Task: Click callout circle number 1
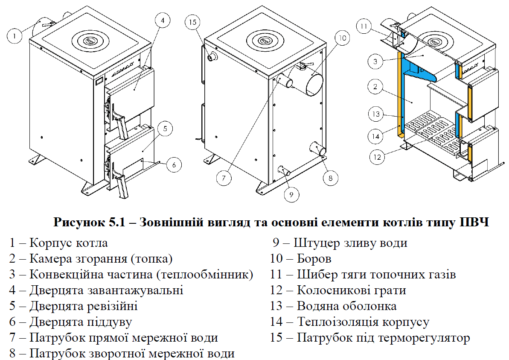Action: coord(15,36)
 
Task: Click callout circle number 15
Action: coord(192,22)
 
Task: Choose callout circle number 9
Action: coord(291,195)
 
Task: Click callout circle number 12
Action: coord(377,157)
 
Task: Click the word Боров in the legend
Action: coord(314,259)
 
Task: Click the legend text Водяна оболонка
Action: coord(346,306)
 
